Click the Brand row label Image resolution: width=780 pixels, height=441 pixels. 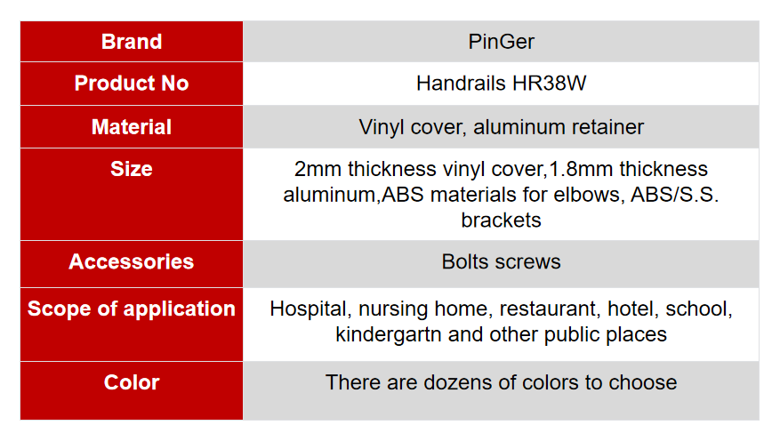coord(132,42)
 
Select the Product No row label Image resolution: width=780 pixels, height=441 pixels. coord(132,83)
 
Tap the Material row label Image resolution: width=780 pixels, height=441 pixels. coord(132,127)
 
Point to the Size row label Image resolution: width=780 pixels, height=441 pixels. coord(132,169)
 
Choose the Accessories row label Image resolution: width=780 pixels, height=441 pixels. coord(132,261)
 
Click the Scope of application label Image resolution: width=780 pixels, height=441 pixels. coord(132,309)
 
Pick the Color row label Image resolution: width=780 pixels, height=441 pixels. coord(132,382)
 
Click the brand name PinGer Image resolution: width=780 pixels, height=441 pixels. coord(502,42)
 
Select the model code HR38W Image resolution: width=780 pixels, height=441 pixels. coord(550,83)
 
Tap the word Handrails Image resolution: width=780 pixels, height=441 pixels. coord(461,83)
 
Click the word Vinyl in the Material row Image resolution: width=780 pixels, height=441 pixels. coord(382,127)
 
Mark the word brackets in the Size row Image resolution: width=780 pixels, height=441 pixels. coord(501,220)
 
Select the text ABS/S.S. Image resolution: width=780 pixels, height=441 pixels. coord(674,195)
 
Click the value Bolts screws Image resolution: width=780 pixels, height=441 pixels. coord(501,261)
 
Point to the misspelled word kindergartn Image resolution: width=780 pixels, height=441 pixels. coord(389,334)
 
